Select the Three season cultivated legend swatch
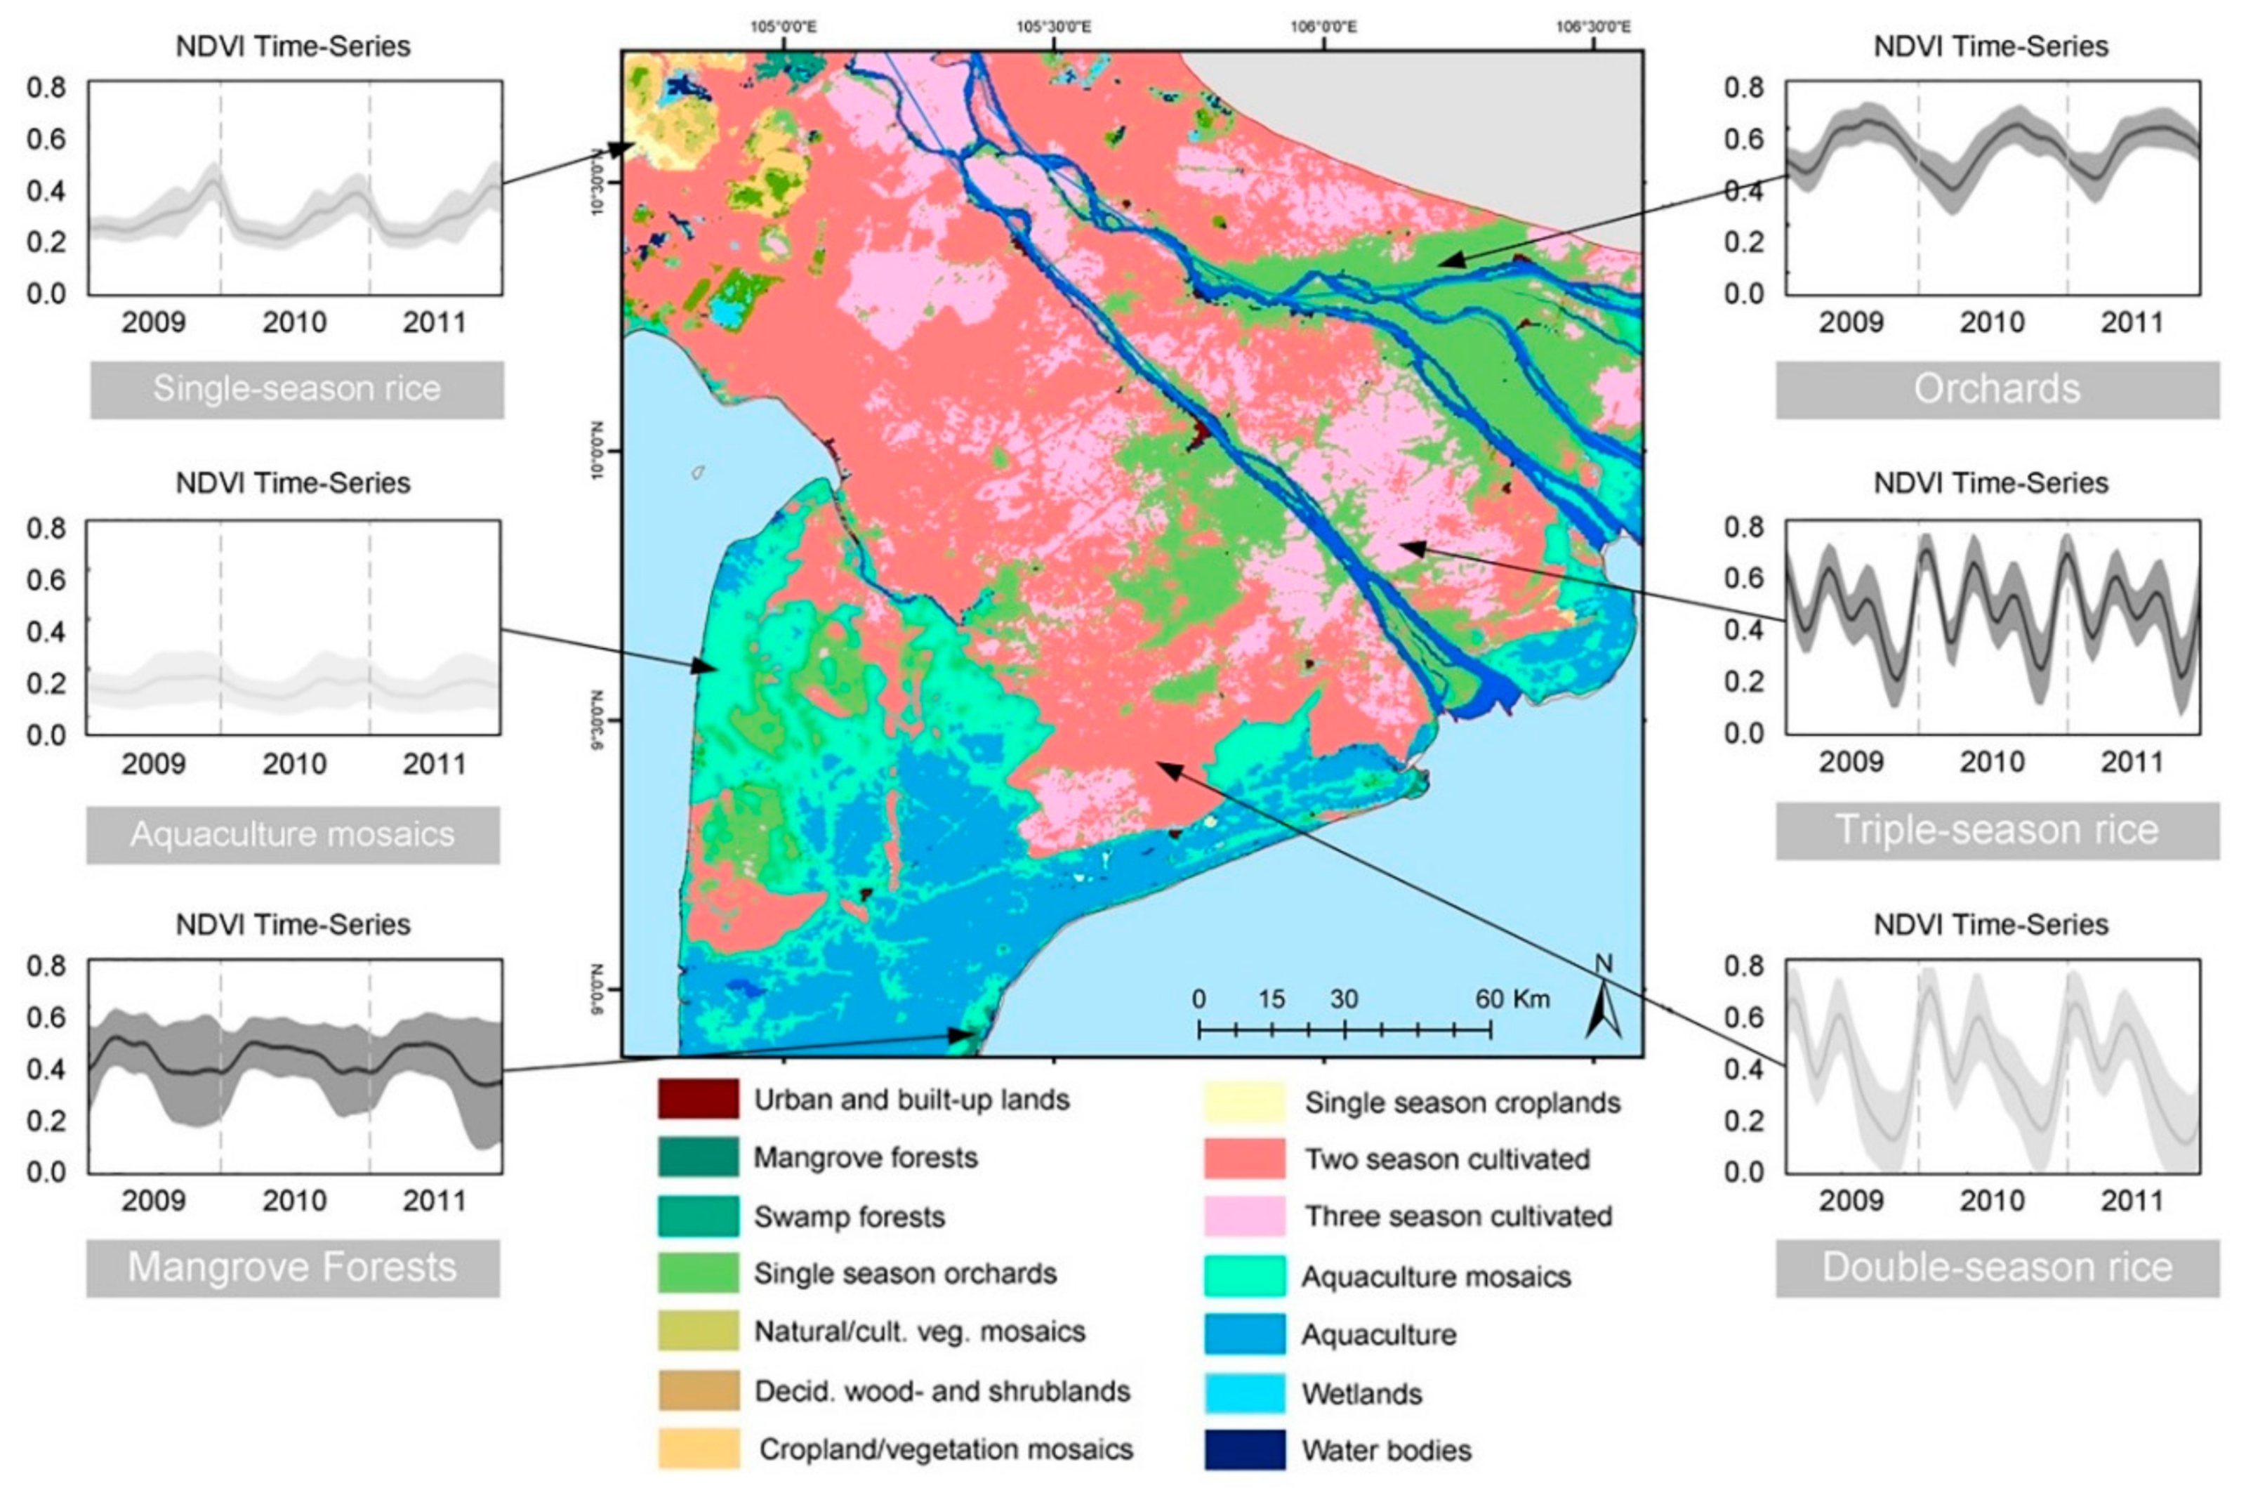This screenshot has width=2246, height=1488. (1244, 1216)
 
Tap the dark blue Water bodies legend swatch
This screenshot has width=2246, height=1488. (1244, 1449)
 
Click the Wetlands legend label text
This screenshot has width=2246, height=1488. (1361, 1394)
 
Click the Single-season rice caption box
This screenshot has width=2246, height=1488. (297, 389)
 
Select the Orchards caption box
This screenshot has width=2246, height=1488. (1997, 389)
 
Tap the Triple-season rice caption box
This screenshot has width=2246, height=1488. (1997, 830)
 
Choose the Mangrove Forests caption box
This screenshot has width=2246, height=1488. (292, 1268)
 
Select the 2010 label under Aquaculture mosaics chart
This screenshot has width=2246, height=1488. (294, 764)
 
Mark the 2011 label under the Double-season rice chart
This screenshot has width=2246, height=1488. (2131, 1201)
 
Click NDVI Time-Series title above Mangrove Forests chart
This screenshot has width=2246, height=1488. (292, 924)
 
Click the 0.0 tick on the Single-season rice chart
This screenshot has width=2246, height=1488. (46, 294)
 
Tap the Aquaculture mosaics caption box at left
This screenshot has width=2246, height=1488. (292, 834)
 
